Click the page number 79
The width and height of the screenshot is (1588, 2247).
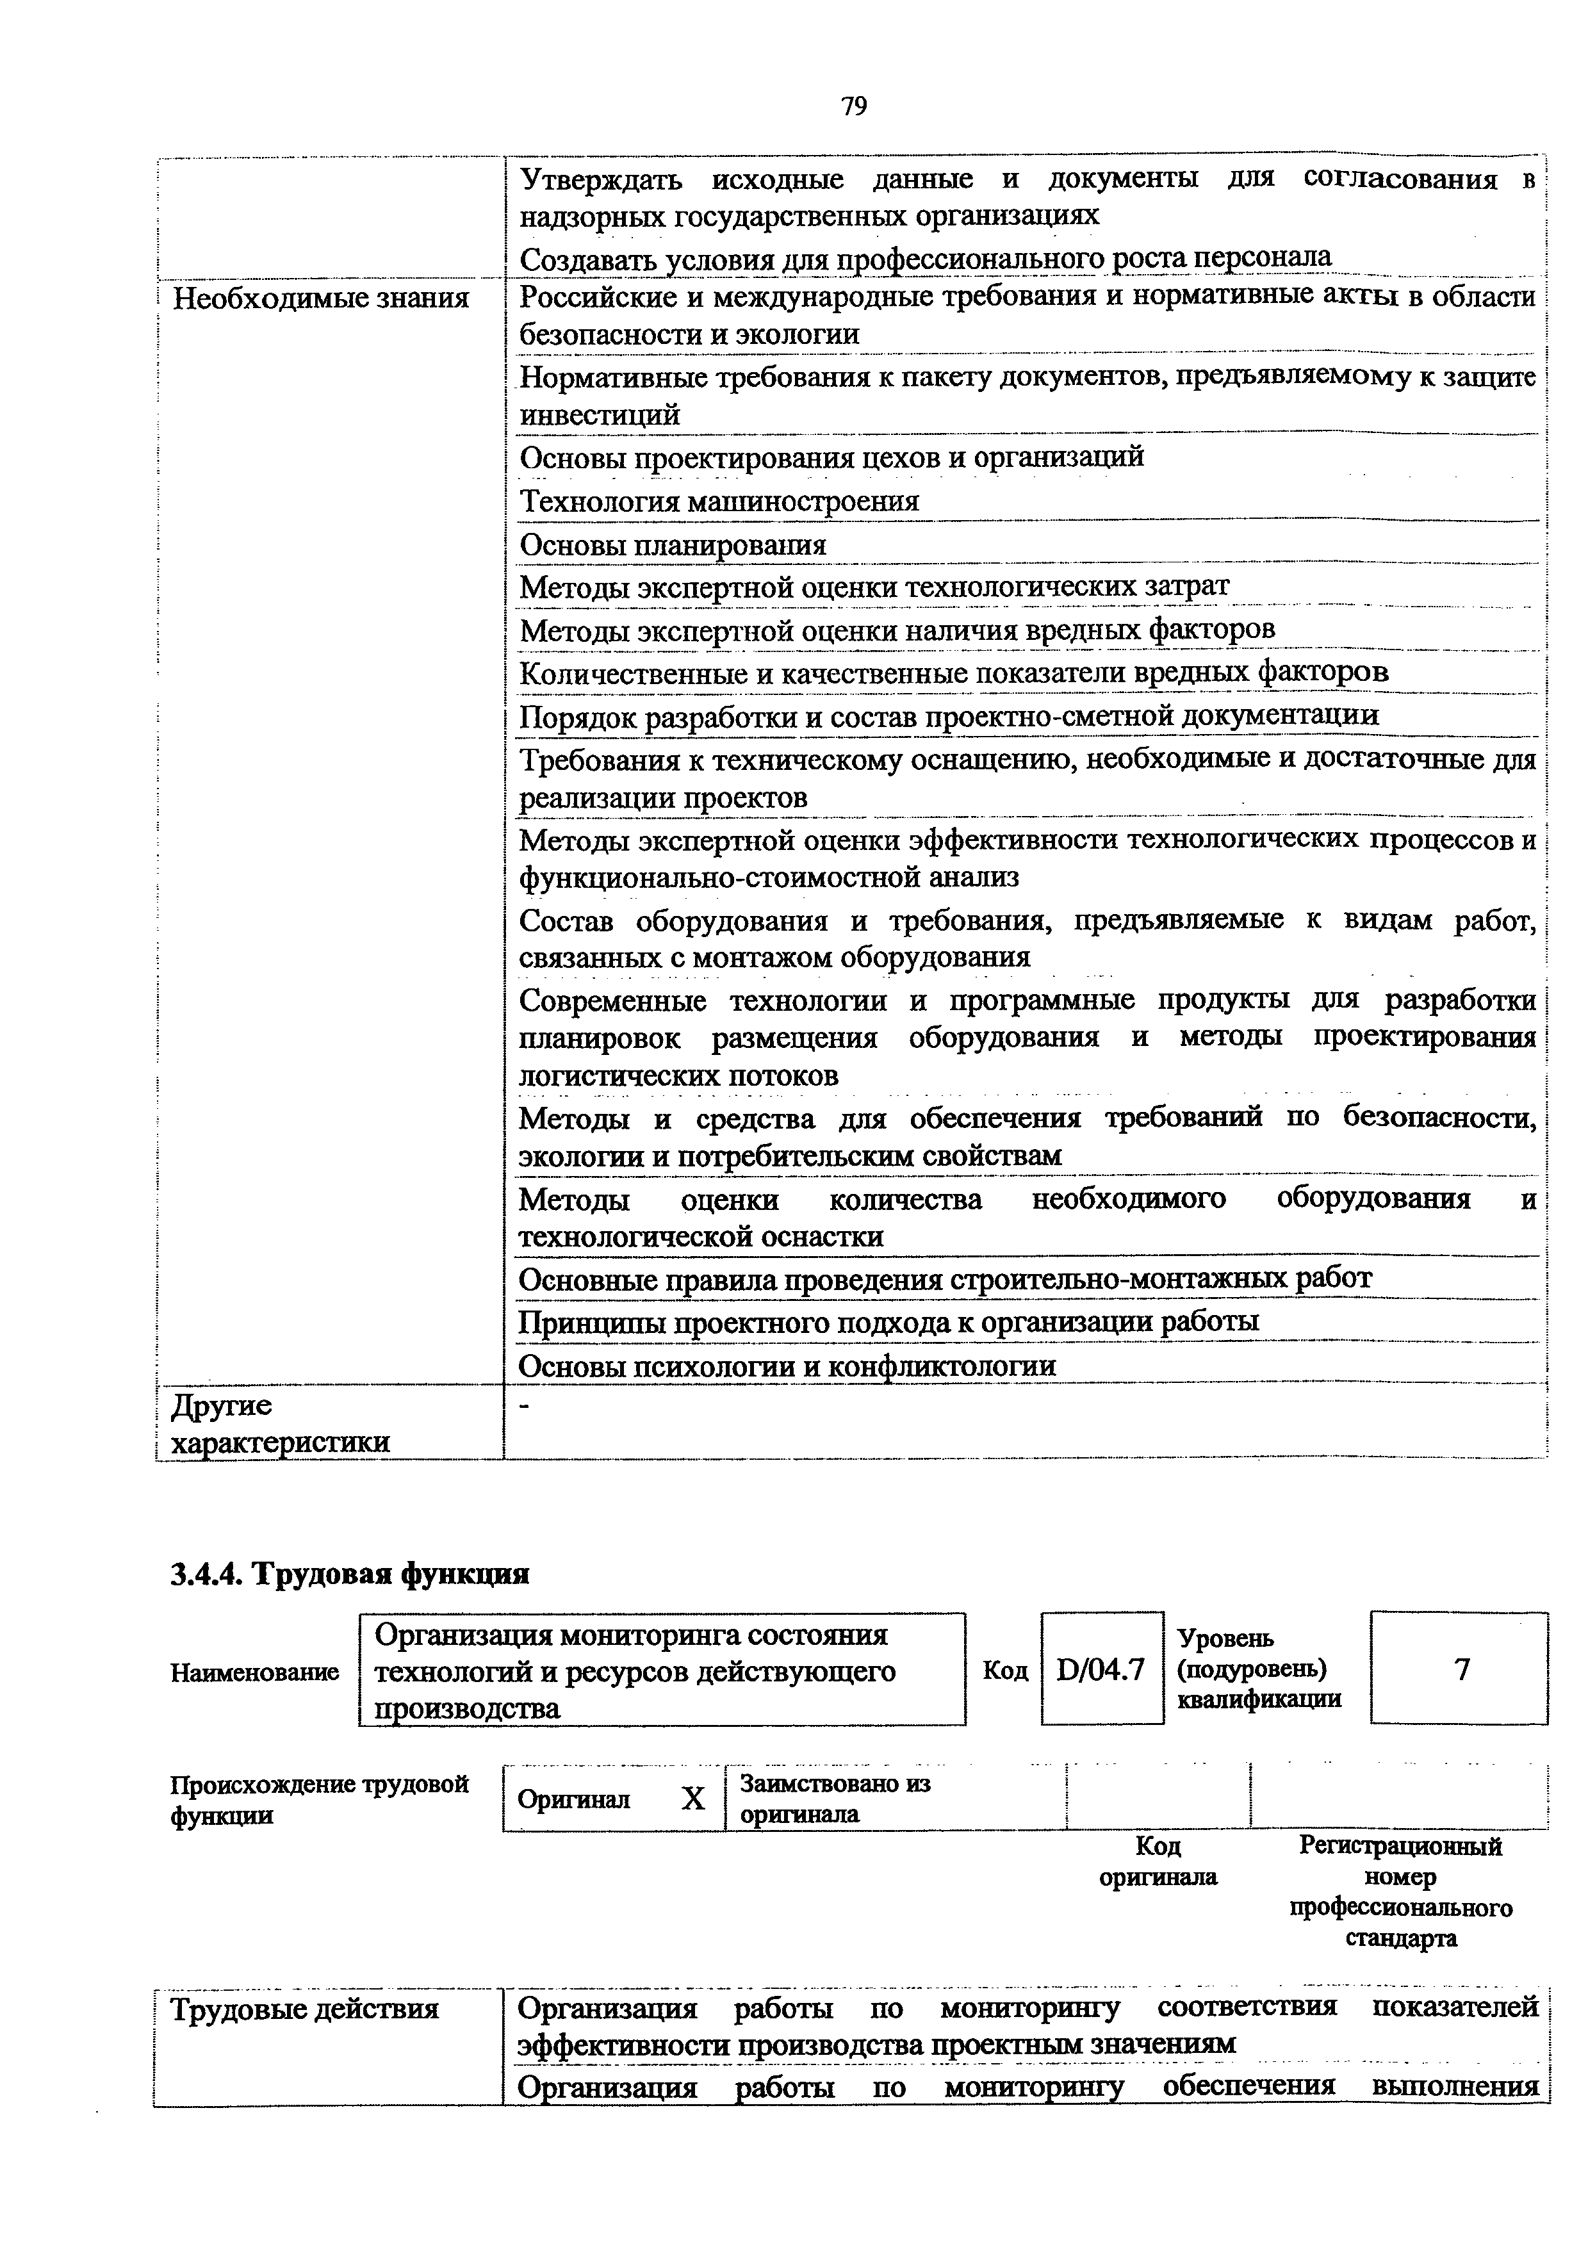click(x=853, y=106)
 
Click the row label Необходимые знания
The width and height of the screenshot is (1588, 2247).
click(x=321, y=297)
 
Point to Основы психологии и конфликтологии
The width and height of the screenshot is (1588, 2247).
click(x=788, y=1365)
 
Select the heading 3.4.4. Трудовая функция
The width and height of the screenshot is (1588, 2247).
click(x=350, y=1574)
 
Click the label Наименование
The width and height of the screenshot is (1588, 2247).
click(x=254, y=1672)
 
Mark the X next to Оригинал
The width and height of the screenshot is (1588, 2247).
click(x=692, y=1799)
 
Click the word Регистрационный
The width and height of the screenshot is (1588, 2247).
click(x=1400, y=1846)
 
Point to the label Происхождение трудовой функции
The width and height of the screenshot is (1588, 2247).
click(x=319, y=1799)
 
